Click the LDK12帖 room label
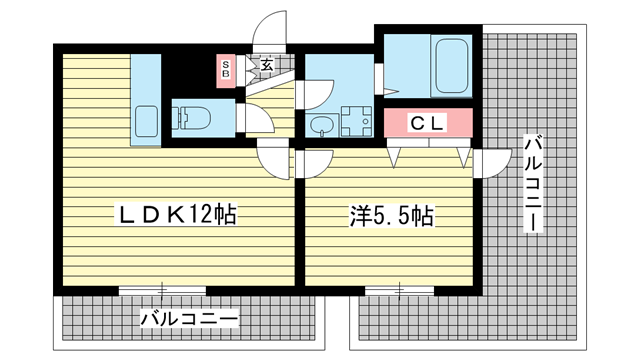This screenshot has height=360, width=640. [176, 215]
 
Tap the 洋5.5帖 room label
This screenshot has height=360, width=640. [391, 216]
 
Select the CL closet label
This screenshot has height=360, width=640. [427, 123]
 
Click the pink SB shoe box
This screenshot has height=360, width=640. [226, 71]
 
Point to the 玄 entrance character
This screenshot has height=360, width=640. [267, 64]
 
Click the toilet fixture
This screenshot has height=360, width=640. [191, 118]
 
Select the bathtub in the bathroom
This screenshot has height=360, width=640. [451, 66]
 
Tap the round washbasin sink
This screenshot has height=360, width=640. [322, 126]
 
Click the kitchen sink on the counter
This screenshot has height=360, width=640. [146, 121]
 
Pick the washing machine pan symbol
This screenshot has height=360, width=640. [357, 121]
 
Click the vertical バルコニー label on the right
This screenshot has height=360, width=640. [533, 184]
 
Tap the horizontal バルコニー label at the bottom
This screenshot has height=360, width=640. [189, 318]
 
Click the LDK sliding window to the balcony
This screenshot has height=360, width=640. [162, 291]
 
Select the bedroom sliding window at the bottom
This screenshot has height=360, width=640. [399, 291]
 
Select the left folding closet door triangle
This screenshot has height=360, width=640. [394, 157]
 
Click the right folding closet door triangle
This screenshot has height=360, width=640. [464, 157]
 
